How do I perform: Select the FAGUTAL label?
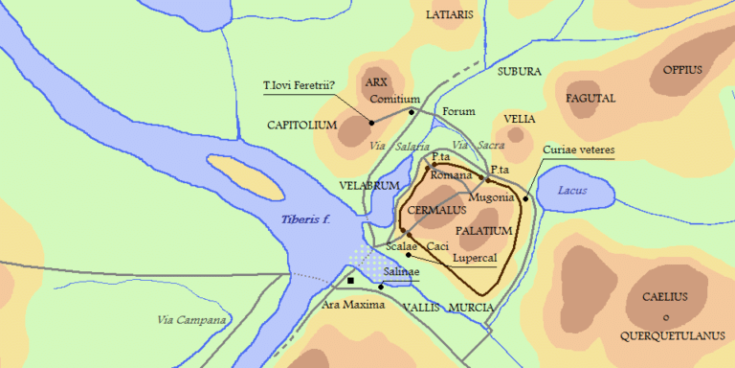[x=590, y=98]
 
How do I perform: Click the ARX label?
[x=376, y=83]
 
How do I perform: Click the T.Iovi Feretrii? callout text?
[x=299, y=85]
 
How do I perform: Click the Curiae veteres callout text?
[x=578, y=150]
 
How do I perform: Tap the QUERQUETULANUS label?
[x=666, y=335]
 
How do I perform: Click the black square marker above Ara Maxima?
[x=351, y=280]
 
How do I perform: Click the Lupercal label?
[x=473, y=260]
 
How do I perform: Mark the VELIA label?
[x=519, y=118]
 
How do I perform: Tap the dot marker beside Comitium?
[x=412, y=112]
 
